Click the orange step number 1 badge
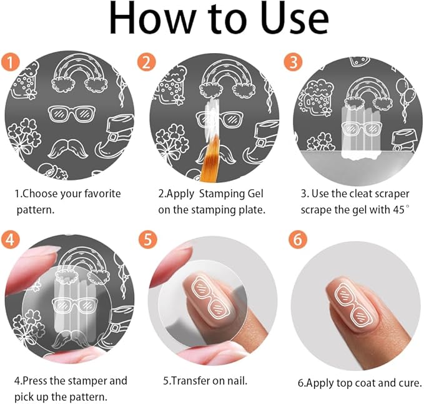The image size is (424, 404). (x=11, y=62)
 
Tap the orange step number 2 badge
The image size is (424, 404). (x=147, y=62)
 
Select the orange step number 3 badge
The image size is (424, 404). (x=293, y=62)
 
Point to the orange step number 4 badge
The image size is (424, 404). (x=11, y=240)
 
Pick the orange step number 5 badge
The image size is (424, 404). (x=148, y=240)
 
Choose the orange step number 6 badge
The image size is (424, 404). (x=298, y=240)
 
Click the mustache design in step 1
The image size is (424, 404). (x=68, y=149)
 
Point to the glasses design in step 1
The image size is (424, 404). (x=72, y=114)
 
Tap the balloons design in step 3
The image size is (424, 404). (x=406, y=97)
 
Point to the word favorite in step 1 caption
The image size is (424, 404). (x=102, y=194)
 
